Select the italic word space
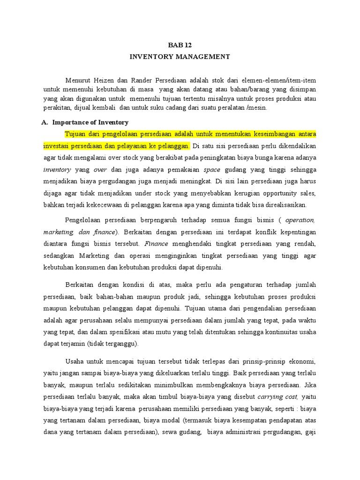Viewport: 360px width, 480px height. click(x=211, y=169)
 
